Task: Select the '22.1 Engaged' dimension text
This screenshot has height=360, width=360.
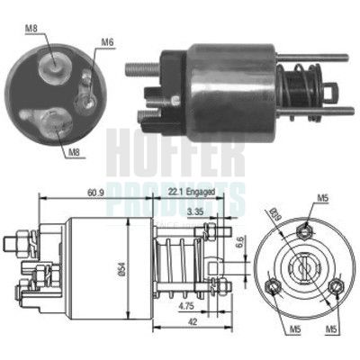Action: click(x=191, y=191)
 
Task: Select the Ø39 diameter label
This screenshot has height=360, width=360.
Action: click(x=275, y=216)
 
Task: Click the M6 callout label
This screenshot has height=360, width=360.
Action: click(x=107, y=41)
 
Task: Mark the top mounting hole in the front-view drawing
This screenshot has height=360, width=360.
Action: click(x=306, y=229)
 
